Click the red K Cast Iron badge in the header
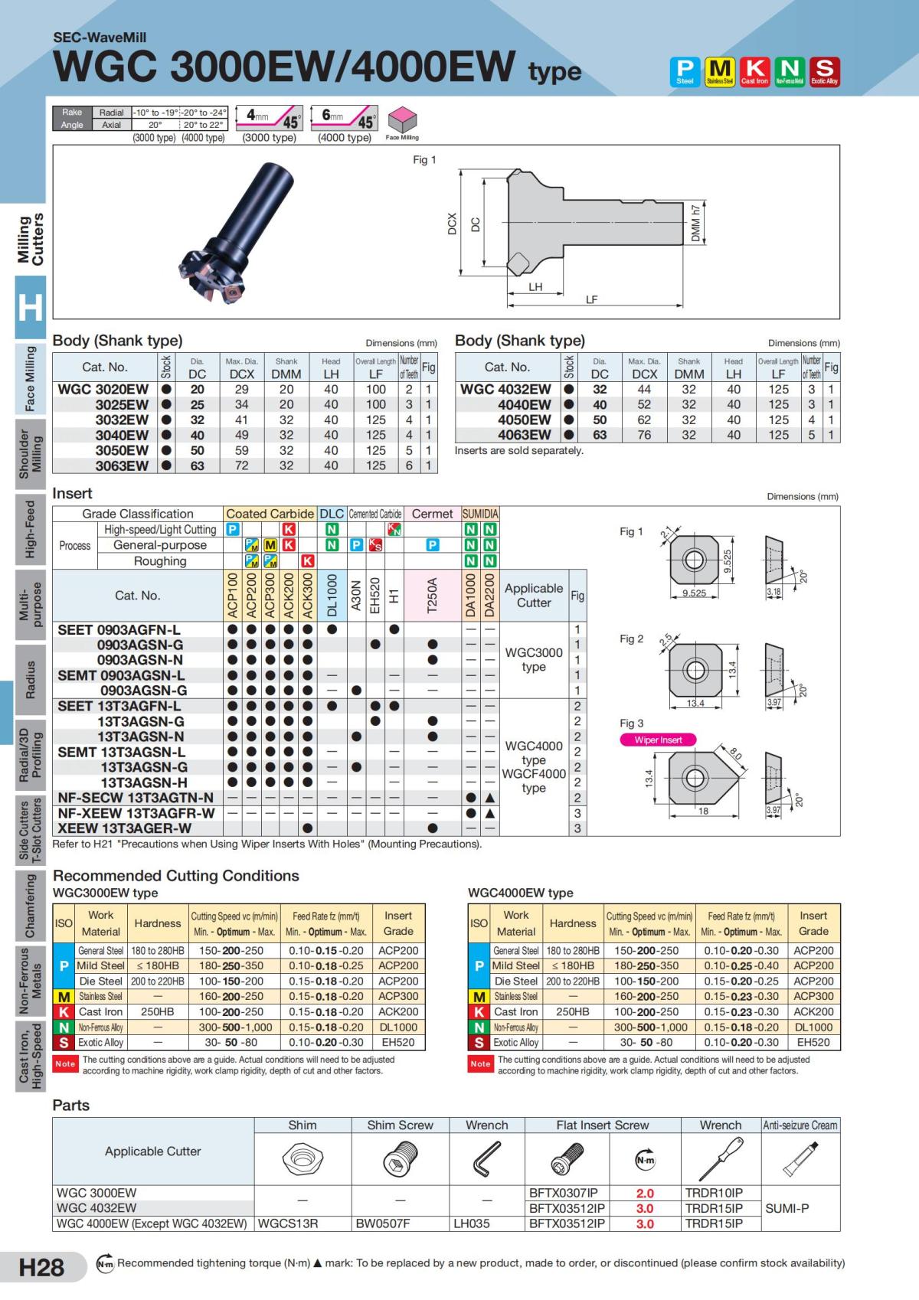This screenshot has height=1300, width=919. click(754, 71)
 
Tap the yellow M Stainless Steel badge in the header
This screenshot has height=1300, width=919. click(720, 71)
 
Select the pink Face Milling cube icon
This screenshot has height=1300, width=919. click(402, 119)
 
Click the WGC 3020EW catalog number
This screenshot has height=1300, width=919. click(103, 390)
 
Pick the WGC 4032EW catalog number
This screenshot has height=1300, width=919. click(505, 390)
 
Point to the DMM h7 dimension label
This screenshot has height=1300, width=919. click(695, 223)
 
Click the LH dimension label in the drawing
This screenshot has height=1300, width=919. click(535, 286)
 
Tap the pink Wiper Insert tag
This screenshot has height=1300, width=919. click(658, 740)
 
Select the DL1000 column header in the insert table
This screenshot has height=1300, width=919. click(332, 596)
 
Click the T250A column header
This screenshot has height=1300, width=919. click(432, 596)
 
